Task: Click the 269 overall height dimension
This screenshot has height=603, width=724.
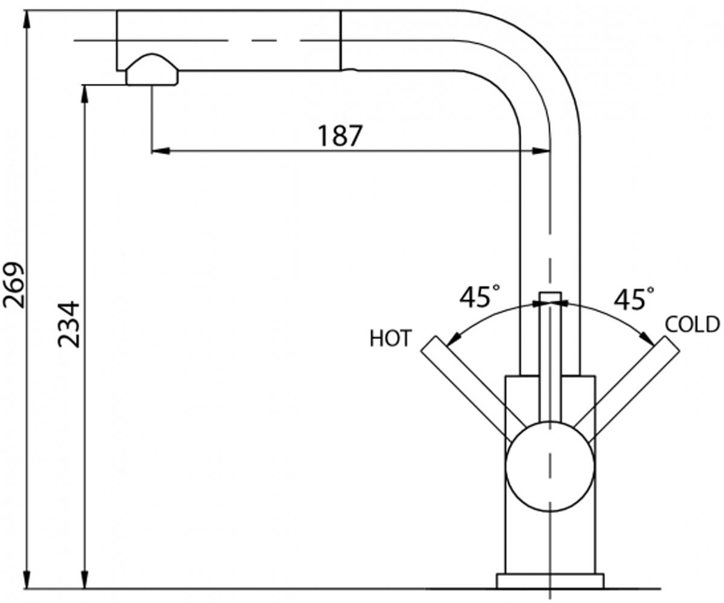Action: [x=14, y=285]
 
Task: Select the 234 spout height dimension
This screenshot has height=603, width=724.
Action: [x=69, y=324]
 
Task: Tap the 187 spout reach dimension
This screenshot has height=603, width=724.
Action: [x=340, y=136]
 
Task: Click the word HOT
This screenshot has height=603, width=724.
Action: [x=390, y=338]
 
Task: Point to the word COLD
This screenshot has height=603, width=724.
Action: [x=692, y=324]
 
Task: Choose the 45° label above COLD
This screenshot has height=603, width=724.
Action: [x=634, y=298]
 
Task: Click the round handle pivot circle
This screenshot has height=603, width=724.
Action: [x=550, y=466]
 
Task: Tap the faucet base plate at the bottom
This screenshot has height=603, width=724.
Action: [x=550, y=581]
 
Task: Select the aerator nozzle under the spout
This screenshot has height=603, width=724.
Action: [x=152, y=70]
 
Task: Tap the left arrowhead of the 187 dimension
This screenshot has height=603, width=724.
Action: [x=160, y=151]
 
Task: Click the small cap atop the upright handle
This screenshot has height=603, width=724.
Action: [x=550, y=297]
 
